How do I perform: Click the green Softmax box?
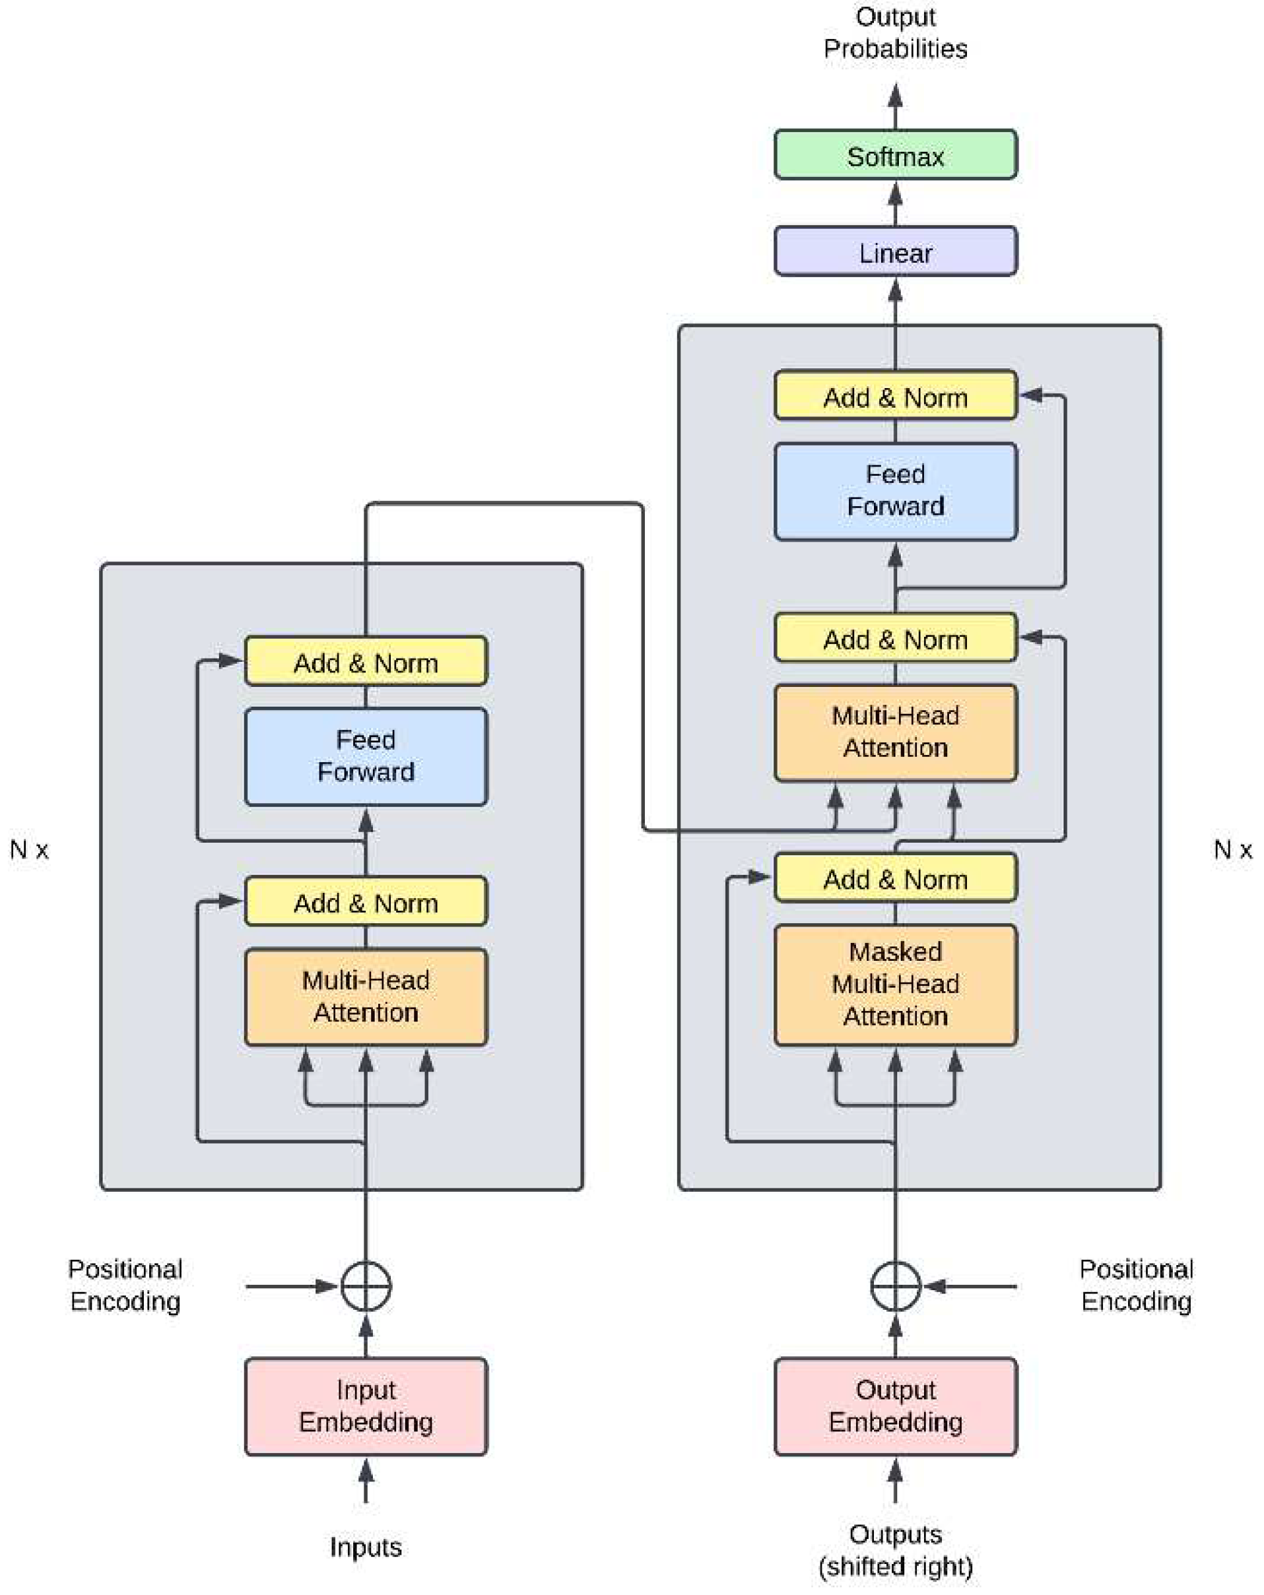click(x=896, y=155)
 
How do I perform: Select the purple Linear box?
click(x=896, y=252)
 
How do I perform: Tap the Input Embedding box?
click(x=366, y=1406)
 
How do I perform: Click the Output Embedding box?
click(x=896, y=1406)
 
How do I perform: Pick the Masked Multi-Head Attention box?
click(x=896, y=984)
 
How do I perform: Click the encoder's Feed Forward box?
click(x=366, y=756)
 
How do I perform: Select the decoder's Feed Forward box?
click(x=896, y=490)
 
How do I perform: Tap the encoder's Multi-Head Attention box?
click(x=366, y=996)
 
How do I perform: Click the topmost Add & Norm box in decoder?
click(x=896, y=397)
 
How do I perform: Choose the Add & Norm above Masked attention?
click(x=896, y=879)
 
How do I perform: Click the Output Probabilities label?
click(x=896, y=33)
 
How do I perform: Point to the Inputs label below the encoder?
click(x=366, y=1547)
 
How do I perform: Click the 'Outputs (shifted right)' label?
click(x=896, y=1551)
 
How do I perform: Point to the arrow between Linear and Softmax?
click(x=896, y=203)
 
